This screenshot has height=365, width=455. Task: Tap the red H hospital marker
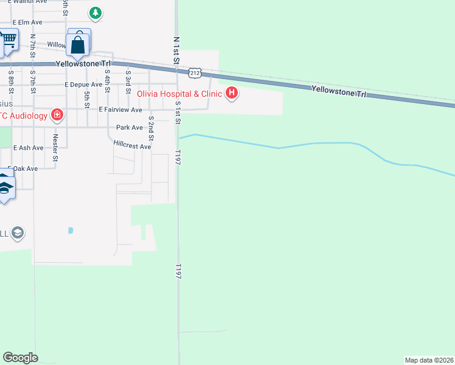tap(232, 93)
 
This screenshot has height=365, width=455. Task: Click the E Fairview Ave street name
tap(120, 110)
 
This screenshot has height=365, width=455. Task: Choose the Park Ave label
tap(129, 128)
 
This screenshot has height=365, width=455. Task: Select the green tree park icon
tap(95, 12)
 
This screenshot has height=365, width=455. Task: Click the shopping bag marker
tap(79, 44)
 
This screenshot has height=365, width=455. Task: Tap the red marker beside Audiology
tap(57, 114)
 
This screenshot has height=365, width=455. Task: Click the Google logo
tap(20, 358)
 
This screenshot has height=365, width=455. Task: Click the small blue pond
tap(71, 231)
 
